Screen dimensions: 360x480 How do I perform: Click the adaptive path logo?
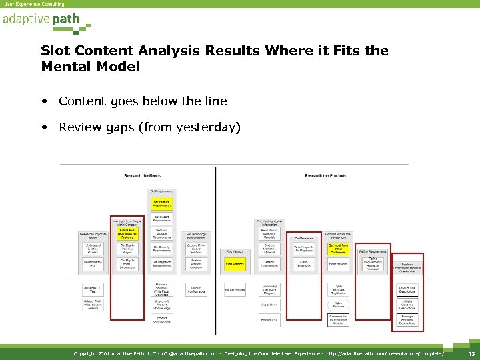coord(41,19)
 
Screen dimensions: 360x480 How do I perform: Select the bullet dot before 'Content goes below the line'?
coord(44,101)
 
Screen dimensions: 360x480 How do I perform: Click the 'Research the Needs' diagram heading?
coord(141,176)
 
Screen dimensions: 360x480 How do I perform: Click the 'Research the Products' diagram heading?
coord(325,176)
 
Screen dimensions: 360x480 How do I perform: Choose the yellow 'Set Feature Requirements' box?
coord(162,203)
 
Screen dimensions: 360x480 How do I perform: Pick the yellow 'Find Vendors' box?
coord(235,265)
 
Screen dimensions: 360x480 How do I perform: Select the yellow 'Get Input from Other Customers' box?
coord(339,249)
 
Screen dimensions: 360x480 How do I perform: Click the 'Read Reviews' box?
coord(339,264)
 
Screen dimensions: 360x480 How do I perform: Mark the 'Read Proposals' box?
coord(304,264)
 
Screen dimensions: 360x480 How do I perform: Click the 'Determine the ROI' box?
coord(93,264)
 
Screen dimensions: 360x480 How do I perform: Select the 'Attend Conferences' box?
coord(269,264)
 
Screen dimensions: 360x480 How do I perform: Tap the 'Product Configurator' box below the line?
coord(197,290)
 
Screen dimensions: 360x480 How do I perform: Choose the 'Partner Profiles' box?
coord(235,289)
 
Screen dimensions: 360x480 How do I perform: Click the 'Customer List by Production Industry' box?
coord(339,319)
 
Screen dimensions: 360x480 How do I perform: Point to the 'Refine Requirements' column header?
coord(373,251)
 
